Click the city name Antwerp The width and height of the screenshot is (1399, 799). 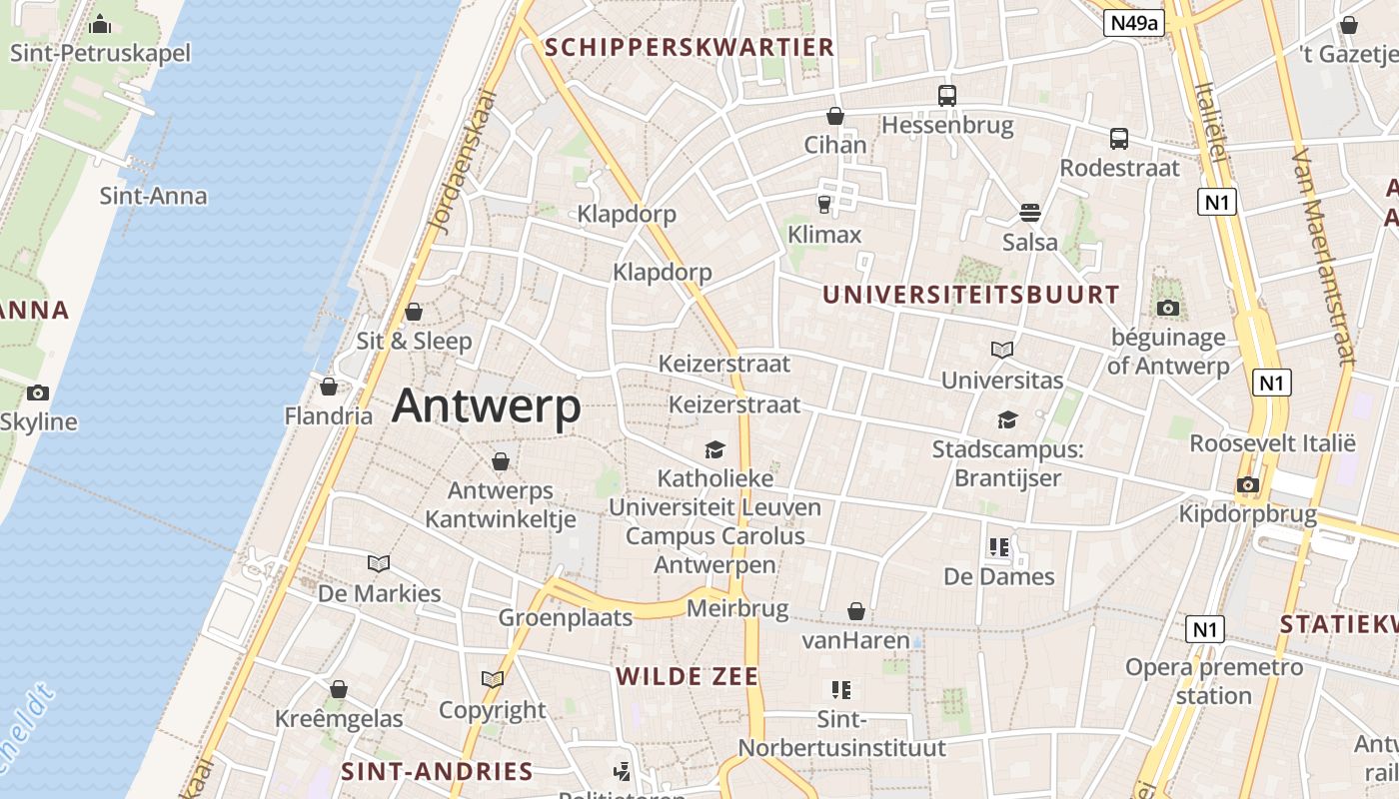point(486,406)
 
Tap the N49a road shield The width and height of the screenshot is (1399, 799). point(1134,23)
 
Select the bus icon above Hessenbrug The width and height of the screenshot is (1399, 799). point(946,96)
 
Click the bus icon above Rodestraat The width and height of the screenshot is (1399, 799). point(1119,139)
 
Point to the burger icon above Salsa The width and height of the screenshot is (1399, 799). point(1030,213)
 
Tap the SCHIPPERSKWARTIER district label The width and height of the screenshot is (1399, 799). point(690,47)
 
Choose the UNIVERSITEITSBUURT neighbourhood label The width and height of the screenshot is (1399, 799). point(970,295)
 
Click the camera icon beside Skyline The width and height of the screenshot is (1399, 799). point(38,393)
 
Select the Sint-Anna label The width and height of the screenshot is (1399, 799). point(153,196)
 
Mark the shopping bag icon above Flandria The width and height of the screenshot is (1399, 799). point(329,387)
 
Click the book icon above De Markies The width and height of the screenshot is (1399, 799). point(379,563)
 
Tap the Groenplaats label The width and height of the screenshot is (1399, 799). point(566,617)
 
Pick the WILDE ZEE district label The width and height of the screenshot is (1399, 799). point(687,676)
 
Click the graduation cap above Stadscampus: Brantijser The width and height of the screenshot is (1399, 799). point(1007,420)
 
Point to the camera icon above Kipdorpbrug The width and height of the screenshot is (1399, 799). point(1247,485)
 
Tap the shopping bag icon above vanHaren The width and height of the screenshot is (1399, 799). point(856,611)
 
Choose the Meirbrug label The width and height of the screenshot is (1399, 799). point(738,608)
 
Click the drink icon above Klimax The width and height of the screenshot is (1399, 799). point(823,205)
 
